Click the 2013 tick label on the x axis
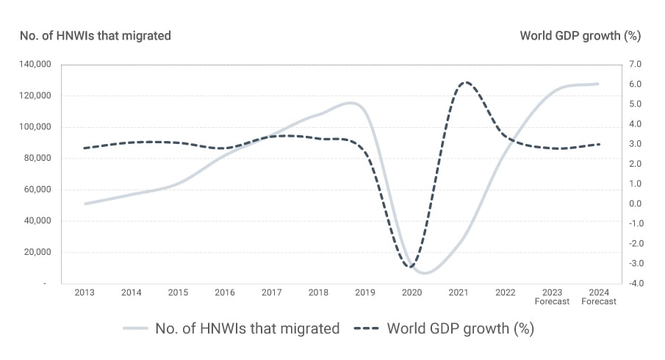click(x=85, y=292)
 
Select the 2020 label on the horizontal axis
click(x=411, y=292)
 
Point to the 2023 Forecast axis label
click(x=552, y=297)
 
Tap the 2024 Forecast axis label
click(x=598, y=297)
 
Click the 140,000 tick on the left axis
click(x=35, y=65)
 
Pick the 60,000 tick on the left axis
click(x=37, y=190)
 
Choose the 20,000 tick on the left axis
click(x=37, y=252)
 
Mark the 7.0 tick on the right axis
click(x=636, y=65)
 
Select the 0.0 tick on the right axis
click(x=636, y=204)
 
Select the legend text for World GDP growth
click(x=460, y=328)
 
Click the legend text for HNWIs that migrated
click(x=247, y=328)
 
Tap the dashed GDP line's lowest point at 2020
click(x=411, y=267)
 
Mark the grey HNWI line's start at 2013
click(x=85, y=204)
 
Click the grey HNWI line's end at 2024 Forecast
click(x=598, y=84)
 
